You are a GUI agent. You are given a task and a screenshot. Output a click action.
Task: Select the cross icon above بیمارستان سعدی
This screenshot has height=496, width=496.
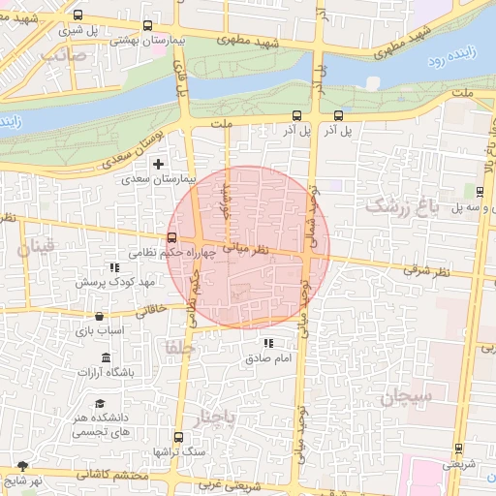click(x=158, y=164)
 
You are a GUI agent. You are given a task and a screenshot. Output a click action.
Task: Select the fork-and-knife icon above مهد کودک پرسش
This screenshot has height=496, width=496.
click(x=114, y=267)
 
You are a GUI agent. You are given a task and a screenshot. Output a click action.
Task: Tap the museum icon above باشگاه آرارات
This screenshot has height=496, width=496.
click(x=105, y=358)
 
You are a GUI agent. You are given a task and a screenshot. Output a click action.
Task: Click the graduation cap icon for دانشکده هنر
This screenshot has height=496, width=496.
click(x=100, y=403)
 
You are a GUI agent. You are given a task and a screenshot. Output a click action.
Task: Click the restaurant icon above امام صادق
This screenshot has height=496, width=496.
click(x=267, y=344)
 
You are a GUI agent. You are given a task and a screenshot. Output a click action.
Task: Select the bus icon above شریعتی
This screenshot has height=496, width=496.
click(x=458, y=449)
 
